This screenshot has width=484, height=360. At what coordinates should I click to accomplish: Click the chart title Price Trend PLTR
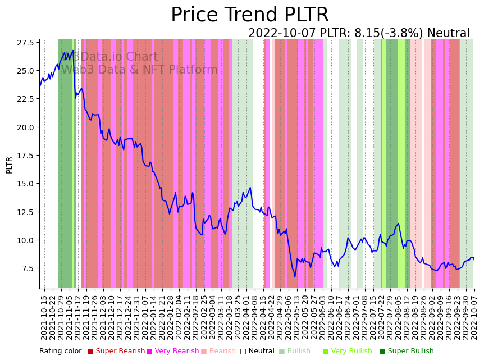pyautogui.click(x=249, y=15)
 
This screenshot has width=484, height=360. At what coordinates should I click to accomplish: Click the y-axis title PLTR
pyautogui.click(x=9, y=165)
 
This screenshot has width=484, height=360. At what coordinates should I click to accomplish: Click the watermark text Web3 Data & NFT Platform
pyautogui.click(x=139, y=70)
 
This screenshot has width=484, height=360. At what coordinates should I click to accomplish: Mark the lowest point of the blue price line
pyautogui.click(x=295, y=276)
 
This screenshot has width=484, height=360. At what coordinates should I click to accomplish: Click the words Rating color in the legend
pyautogui.click(x=60, y=351)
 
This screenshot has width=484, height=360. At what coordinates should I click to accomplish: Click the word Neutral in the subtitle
pyautogui.click(x=448, y=33)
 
